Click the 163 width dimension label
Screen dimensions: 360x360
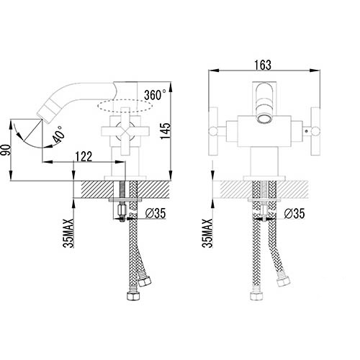click(x=263, y=65)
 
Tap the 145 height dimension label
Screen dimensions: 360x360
click(x=166, y=131)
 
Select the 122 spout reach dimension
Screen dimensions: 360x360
click(x=84, y=156)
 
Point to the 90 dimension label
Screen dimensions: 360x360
click(x=6, y=150)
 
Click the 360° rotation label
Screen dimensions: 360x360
click(x=155, y=94)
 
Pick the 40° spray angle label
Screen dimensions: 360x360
click(x=59, y=135)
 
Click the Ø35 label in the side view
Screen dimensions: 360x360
click(x=156, y=213)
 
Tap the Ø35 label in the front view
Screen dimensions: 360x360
click(x=294, y=213)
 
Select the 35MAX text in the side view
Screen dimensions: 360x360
click(x=68, y=233)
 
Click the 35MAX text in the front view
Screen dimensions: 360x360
click(x=207, y=233)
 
